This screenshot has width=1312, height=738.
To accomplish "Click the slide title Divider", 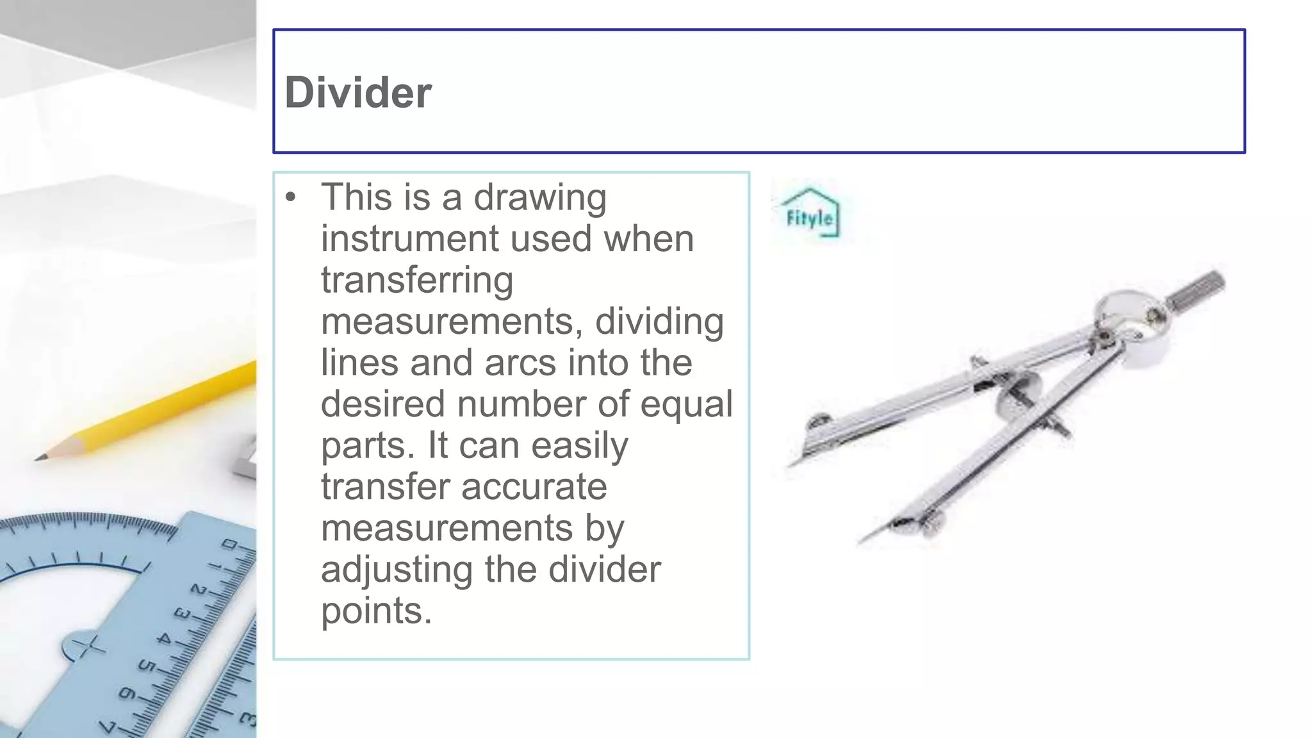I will [x=358, y=93].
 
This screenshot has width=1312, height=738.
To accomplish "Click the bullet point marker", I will [x=291, y=197].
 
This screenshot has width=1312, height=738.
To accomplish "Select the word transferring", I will [x=417, y=281].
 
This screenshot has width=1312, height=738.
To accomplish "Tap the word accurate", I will [x=534, y=487].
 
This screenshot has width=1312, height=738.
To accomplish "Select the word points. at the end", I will [x=376, y=611].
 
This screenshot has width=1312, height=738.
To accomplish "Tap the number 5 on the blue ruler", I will [x=147, y=666].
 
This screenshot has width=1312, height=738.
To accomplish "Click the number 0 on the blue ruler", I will [x=229, y=545].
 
